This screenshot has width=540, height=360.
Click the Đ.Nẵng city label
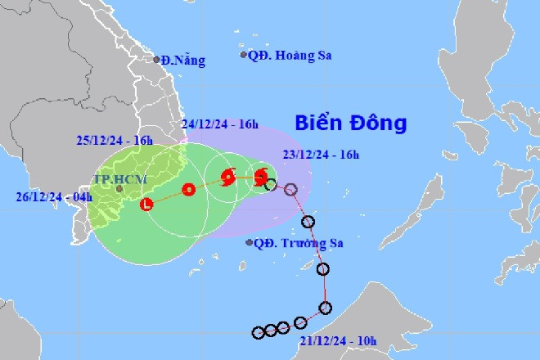point(183,60)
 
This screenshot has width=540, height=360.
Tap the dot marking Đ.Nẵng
point(156,59)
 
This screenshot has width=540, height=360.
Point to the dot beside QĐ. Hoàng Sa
point(244,55)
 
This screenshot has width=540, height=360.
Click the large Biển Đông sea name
point(351,124)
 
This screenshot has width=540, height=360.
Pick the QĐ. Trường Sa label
point(299,242)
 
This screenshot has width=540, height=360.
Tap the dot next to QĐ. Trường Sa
point(249,241)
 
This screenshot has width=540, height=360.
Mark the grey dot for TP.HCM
point(119,188)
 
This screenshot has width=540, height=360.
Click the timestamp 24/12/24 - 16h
point(220,124)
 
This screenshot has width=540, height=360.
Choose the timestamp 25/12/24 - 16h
point(115,141)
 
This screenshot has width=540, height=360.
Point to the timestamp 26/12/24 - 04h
point(53,196)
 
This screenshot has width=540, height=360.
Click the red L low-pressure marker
point(147,204)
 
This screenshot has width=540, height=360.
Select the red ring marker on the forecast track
point(189,190)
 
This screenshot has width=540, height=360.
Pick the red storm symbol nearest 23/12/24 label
point(260,175)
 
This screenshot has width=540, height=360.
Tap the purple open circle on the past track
point(290,190)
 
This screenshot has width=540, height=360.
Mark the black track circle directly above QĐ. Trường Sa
point(308,222)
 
